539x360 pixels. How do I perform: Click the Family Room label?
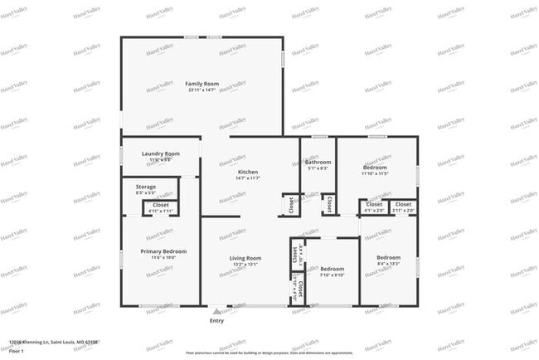[202, 84]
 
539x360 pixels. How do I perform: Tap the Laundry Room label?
[161, 153]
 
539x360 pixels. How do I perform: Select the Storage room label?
[146, 187]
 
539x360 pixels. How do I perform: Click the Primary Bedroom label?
[163, 251]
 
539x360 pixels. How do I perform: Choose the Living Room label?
[245, 259]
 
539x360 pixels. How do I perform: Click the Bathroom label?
[318, 162]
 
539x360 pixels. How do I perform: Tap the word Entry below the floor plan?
[216, 320]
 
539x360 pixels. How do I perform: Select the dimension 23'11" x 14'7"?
[202, 90]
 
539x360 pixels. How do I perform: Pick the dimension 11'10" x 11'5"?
[375, 173]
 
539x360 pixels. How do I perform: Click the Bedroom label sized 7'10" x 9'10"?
[333, 269]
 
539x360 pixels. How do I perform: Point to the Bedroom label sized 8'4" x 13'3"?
[388, 257]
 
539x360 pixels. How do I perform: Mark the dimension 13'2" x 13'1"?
[245, 265]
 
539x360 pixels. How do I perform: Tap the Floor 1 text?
[17, 351]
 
